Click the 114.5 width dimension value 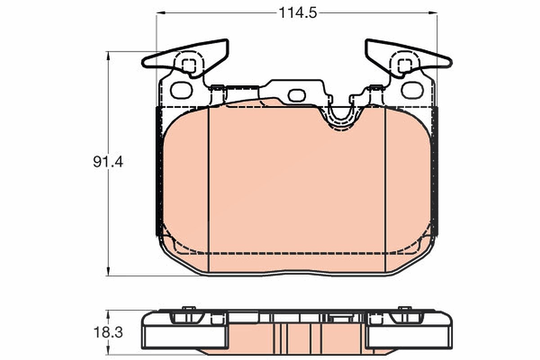click(x=297, y=13)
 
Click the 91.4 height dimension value click(x=108, y=162)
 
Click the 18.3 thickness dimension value click(x=108, y=333)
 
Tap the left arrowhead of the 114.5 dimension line click(x=161, y=13)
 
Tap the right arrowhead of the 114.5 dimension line click(x=432, y=13)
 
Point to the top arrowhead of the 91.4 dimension click(x=108, y=56)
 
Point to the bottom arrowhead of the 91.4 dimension click(x=108, y=271)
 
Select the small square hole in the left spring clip click(x=188, y=65)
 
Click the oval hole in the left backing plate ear click(x=181, y=90)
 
